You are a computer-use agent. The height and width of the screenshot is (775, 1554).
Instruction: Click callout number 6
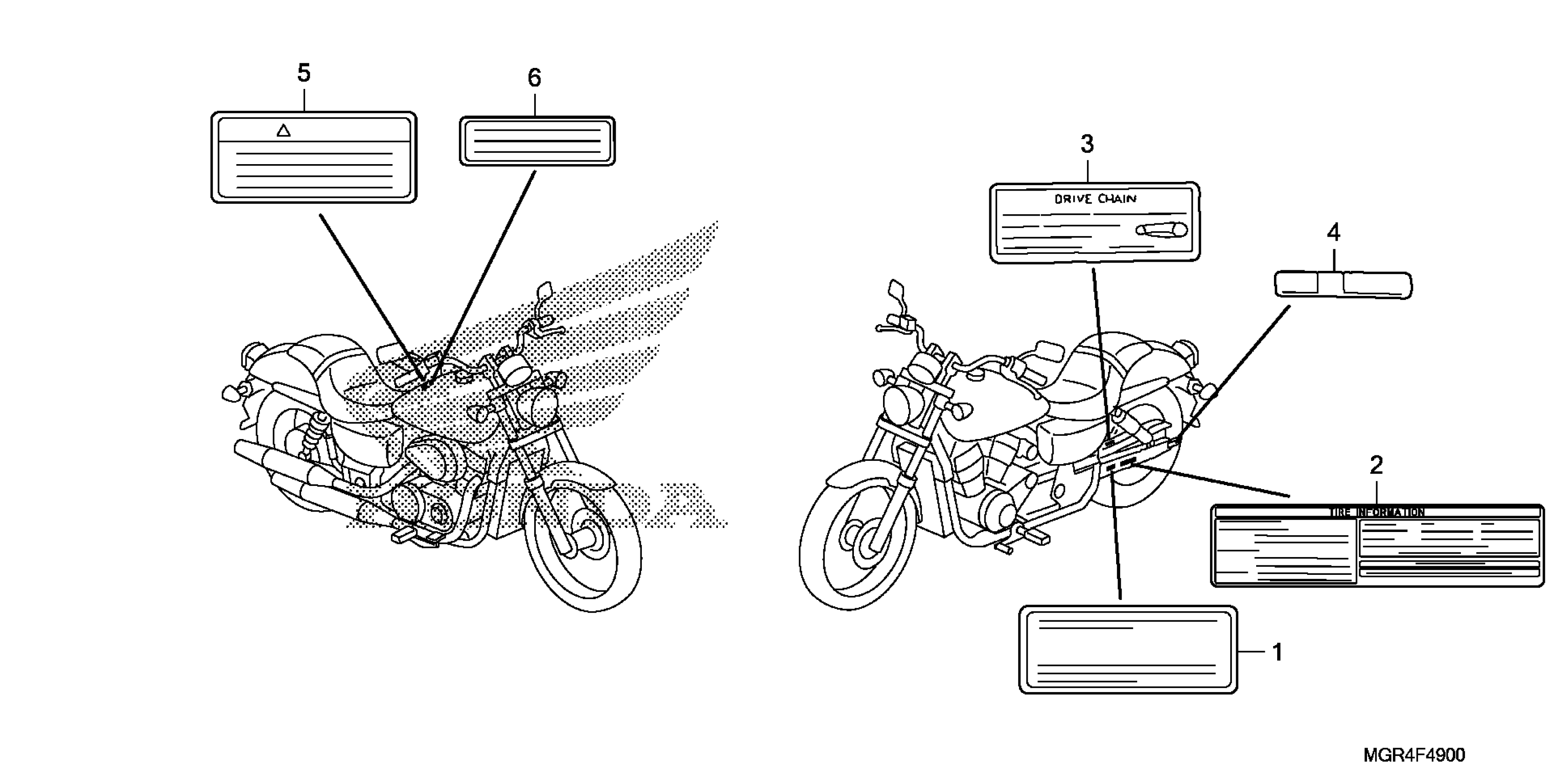point(535,78)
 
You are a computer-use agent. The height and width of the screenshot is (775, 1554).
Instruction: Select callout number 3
point(1086,144)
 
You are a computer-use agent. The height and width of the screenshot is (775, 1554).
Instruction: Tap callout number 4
point(1333,232)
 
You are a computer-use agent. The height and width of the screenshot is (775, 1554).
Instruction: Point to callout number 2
point(1376,465)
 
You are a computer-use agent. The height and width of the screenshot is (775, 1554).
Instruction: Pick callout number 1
point(1277,652)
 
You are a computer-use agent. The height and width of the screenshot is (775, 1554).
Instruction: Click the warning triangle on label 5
point(284,130)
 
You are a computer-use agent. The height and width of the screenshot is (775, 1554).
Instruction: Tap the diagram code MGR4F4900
point(1413,754)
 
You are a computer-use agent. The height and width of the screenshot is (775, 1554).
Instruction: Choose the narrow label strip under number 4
point(1343,284)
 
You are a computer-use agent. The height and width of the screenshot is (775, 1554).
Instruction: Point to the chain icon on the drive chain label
point(1161,230)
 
